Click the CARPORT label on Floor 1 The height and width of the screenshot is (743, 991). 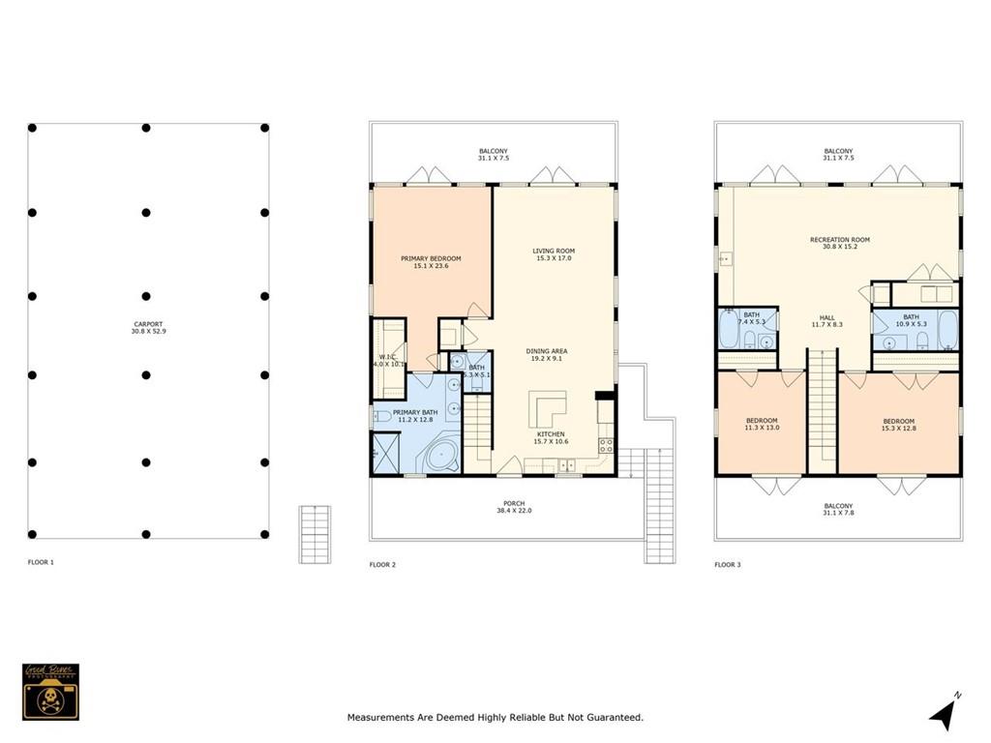coord(148,327)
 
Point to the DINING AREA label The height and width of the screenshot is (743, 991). coord(547,353)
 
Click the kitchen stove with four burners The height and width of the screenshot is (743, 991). coord(606,446)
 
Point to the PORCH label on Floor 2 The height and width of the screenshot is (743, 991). coord(514,506)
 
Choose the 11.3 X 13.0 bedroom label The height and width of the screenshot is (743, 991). coord(761,424)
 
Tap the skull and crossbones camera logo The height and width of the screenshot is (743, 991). coord(50,691)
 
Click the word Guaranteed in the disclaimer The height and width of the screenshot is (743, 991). coord(614,718)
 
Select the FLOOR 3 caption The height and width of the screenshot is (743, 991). coord(730,564)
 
